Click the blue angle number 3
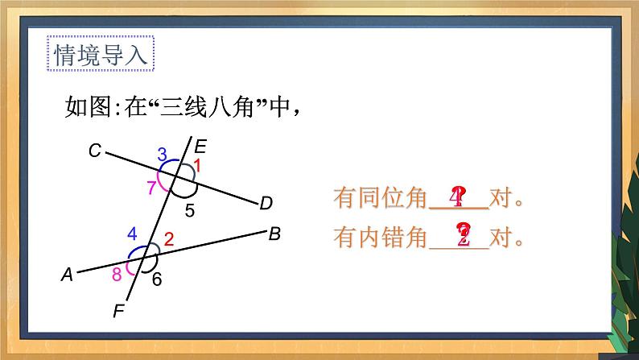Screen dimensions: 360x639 pyautogui.click(x=162, y=153)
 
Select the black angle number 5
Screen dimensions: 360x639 pyautogui.click(x=190, y=212)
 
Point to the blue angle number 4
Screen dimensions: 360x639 pyautogui.click(x=133, y=234)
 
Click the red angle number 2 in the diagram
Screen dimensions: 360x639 pyautogui.click(x=169, y=238)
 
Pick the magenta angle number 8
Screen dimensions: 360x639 pyautogui.click(x=117, y=274)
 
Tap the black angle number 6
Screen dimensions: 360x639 pyautogui.click(x=157, y=279)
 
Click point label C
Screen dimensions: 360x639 pyautogui.click(x=95, y=151)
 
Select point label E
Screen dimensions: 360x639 pyautogui.click(x=200, y=146)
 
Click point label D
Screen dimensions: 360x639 pyautogui.click(x=266, y=204)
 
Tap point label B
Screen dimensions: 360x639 pyautogui.click(x=274, y=234)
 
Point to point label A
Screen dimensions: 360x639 pyautogui.click(x=68, y=275)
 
